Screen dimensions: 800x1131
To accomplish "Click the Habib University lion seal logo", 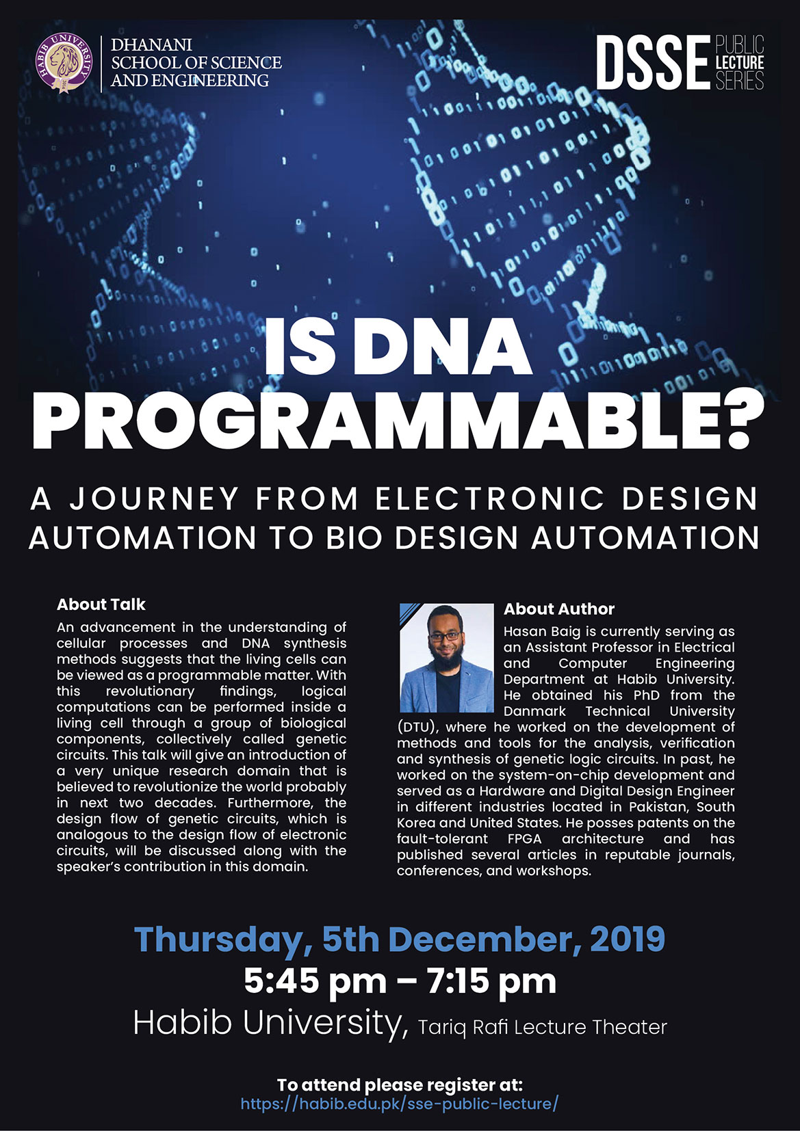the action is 64,63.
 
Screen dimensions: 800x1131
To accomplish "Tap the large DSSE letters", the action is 653,63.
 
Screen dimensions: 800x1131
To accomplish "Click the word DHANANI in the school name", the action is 152,45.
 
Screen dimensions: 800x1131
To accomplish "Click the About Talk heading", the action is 101,604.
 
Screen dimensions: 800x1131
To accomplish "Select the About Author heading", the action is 559,609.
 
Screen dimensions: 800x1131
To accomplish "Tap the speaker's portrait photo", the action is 446,657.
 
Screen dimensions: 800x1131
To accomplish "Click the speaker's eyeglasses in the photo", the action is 445,637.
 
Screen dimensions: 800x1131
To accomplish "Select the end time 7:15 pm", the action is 491,981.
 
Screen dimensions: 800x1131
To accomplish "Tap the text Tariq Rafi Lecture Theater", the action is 543,1028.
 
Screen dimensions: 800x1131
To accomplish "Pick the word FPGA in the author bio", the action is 525,838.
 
